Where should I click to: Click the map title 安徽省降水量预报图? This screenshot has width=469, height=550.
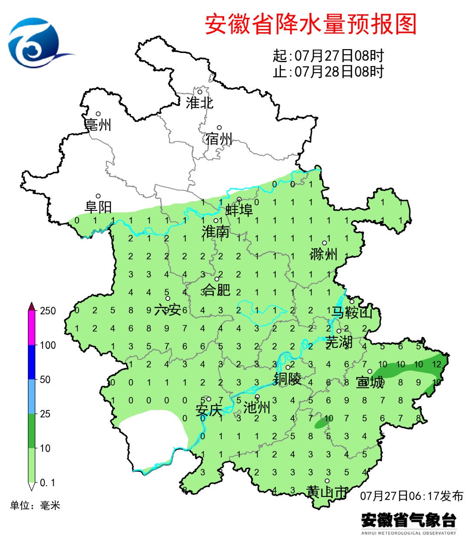(x=310, y=24)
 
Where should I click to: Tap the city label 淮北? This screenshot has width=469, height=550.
(x=199, y=103)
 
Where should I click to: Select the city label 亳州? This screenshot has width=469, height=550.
(x=98, y=125)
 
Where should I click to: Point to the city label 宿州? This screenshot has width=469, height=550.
(x=219, y=139)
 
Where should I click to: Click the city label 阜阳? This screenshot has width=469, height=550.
(x=98, y=207)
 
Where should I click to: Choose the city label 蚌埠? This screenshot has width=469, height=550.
(x=239, y=210)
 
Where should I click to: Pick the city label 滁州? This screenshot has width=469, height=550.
(x=324, y=254)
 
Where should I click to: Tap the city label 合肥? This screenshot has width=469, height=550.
(x=217, y=290)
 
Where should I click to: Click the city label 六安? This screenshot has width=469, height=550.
(x=168, y=310)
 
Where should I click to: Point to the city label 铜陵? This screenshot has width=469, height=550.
(x=287, y=379)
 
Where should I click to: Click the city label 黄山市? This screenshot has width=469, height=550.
(x=327, y=492)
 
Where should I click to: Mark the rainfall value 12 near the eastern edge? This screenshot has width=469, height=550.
(x=437, y=364)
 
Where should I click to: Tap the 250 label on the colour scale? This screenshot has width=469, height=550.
(x=48, y=311)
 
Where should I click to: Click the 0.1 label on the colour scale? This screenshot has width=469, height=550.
(x=47, y=483)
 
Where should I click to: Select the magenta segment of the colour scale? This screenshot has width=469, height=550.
(x=31, y=328)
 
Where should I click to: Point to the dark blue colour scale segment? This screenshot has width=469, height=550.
(x=31, y=362)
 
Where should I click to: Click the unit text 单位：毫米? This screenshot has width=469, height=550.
(x=35, y=505)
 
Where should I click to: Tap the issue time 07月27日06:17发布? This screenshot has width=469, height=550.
(x=412, y=496)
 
